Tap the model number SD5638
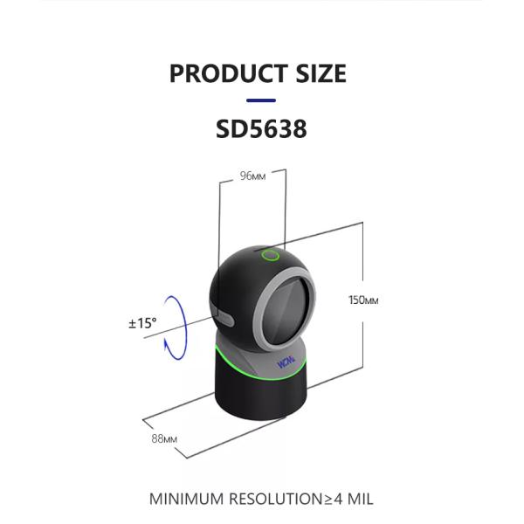(261, 128)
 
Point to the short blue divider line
(261, 100)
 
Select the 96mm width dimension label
(252, 176)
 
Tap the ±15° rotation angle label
(142, 323)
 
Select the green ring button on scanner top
(271, 256)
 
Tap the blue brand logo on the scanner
(286, 360)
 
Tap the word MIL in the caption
(356, 500)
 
